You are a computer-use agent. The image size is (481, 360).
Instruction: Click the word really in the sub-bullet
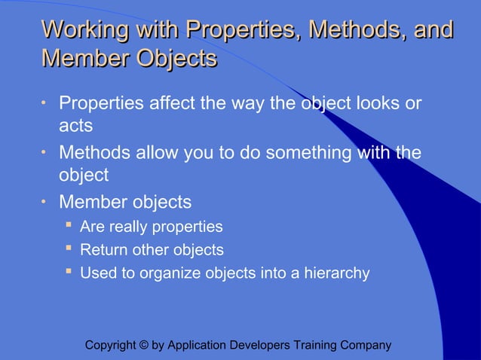tap(131, 227)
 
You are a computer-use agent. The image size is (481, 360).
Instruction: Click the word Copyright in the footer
tap(111, 346)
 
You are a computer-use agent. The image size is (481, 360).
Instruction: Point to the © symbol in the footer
tap(144, 346)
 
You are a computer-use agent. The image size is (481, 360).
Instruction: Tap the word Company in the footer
tap(366, 346)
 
